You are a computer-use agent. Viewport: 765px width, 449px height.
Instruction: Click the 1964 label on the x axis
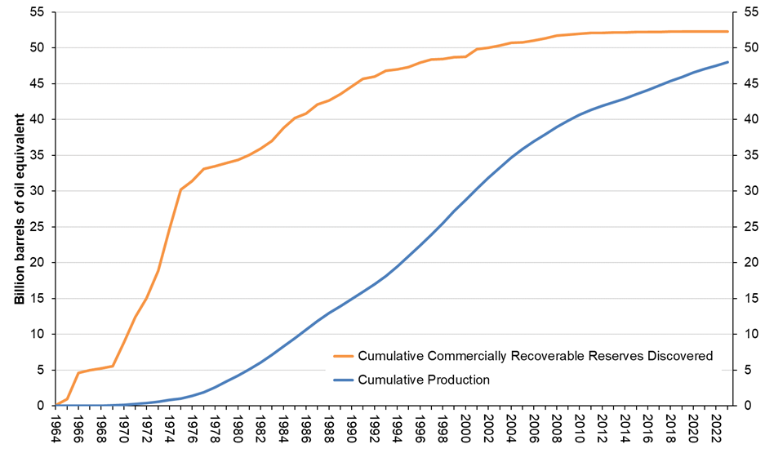tap(56, 428)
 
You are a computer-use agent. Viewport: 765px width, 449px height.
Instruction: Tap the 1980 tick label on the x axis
tap(238, 428)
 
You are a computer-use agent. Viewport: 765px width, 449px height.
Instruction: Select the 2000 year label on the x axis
tap(465, 428)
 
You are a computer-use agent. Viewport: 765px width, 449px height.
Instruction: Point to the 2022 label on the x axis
tap(715, 428)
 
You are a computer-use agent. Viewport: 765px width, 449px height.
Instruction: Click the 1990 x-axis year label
tap(351, 428)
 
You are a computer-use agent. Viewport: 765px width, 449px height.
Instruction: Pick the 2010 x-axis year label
tap(579, 428)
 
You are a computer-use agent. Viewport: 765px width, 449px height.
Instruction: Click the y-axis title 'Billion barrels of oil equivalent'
tap(19, 209)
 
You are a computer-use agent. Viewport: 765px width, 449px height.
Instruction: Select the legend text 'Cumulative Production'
tap(424, 380)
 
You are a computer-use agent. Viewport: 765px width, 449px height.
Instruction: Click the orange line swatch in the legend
tap(343, 356)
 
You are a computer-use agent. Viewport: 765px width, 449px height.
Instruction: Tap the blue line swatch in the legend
tap(343, 380)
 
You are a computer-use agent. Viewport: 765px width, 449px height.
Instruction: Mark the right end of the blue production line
tap(727, 62)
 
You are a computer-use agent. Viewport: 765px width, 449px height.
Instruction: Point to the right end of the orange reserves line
tap(727, 31)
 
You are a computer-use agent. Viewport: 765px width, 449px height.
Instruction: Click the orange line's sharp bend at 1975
tap(180, 189)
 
